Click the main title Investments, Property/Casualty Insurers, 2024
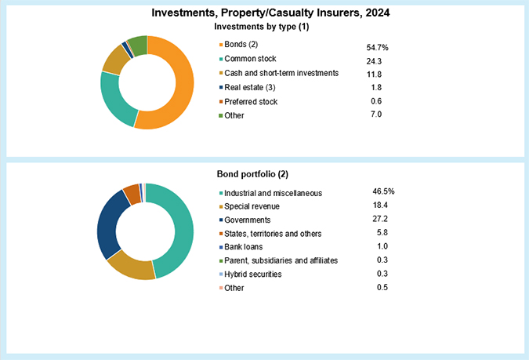tap(264, 13)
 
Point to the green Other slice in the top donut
tap(137, 45)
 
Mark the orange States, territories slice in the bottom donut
tap(131, 193)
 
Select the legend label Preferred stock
tap(251, 101)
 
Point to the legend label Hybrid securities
tap(253, 274)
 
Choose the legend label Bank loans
tap(243, 246)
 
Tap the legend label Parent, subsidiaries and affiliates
tap(281, 260)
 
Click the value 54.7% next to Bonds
tap(378, 48)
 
